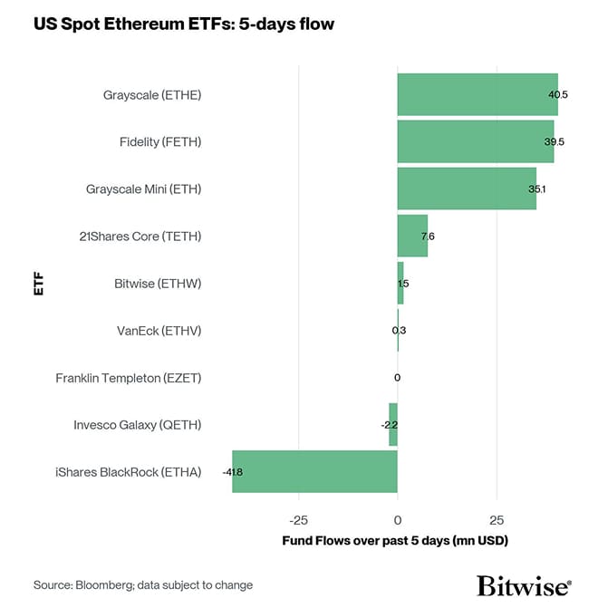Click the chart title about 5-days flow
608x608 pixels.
click(x=184, y=24)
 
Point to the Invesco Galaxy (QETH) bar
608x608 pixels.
click(x=393, y=424)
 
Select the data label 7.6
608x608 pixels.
click(x=428, y=236)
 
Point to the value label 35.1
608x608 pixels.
click(x=536, y=189)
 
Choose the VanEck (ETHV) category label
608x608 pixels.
click(x=159, y=331)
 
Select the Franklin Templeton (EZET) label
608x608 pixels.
click(x=128, y=378)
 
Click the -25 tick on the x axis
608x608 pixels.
click(x=298, y=521)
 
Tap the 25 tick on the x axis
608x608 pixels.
click(x=497, y=521)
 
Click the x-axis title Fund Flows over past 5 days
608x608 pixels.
click(x=397, y=541)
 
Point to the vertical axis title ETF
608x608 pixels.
click(x=39, y=283)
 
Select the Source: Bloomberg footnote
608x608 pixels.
click(x=143, y=585)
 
